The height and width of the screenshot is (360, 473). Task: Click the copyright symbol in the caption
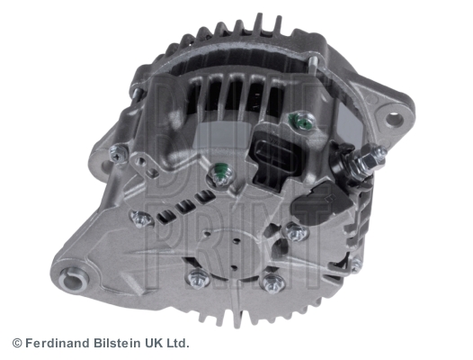17,344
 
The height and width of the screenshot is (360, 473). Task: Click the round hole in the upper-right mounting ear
395,121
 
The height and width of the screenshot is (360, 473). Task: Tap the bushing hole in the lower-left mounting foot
73,280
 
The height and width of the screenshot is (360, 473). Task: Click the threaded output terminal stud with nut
367,162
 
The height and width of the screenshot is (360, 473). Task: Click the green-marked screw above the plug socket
302,121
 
